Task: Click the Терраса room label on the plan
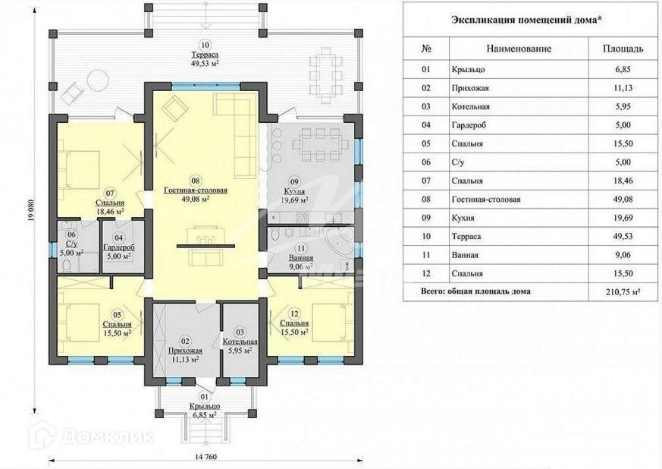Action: pyautogui.click(x=205, y=55)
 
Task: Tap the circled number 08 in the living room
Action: pyautogui.click(x=195, y=181)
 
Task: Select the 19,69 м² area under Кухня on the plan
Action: pyautogui.click(x=294, y=200)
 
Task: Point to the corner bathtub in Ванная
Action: pyautogui.click(x=340, y=241)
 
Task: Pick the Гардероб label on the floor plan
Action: pyautogui.click(x=118, y=247)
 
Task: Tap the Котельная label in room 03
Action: pyautogui.click(x=240, y=342)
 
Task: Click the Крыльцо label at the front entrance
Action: pyautogui.click(x=205, y=406)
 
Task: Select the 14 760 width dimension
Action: pyautogui.click(x=206, y=457)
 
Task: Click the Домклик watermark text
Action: pyautogui.click(x=107, y=436)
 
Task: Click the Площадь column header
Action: pyautogui.click(x=623, y=49)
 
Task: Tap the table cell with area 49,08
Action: pyautogui.click(x=623, y=199)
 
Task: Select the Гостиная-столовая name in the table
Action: pyautogui.click(x=486, y=199)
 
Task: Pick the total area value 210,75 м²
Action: pyautogui.click(x=623, y=291)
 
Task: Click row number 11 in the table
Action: pyautogui.click(x=426, y=255)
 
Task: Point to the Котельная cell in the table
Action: pyautogui.click(x=470, y=106)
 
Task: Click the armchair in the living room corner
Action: pyautogui.click(x=174, y=106)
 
